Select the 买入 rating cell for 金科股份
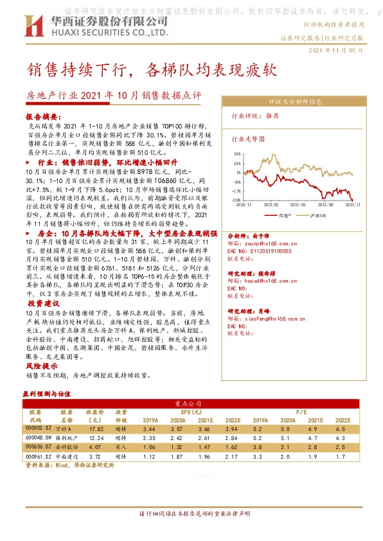point(120,446)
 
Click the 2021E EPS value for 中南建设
point(204,456)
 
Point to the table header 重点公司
point(191,404)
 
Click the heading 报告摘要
point(42,118)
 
